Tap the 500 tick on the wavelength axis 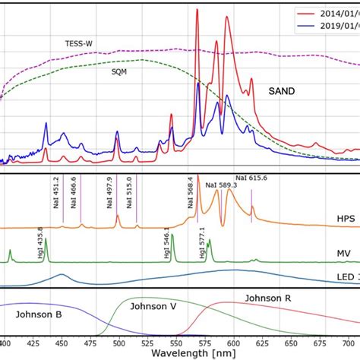point(118,343)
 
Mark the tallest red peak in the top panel point(197,11)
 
